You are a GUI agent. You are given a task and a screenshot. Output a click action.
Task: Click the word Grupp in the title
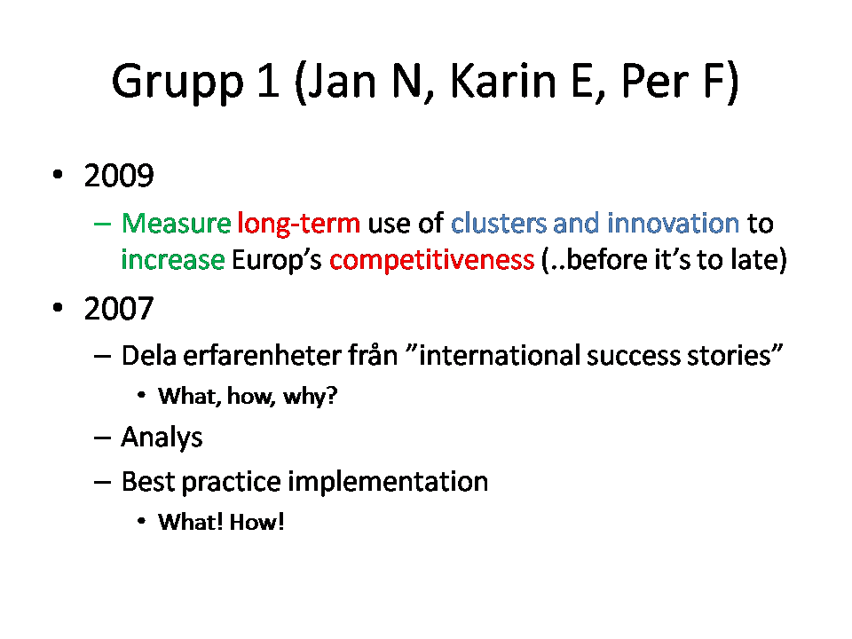(177, 83)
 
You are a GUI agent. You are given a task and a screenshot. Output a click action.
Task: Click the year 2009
(119, 176)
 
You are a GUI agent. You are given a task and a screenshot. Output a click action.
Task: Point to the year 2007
(119, 309)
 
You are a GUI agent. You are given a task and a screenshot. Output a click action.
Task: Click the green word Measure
(176, 224)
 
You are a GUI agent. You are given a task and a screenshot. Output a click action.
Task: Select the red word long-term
(299, 224)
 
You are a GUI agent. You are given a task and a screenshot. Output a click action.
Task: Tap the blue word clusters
(498, 224)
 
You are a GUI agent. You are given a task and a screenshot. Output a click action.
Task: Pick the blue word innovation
(674, 224)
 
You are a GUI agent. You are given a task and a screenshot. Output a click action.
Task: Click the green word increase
(173, 260)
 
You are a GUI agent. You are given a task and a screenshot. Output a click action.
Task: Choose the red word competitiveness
(432, 261)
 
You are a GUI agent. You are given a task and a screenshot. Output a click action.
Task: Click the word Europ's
(277, 261)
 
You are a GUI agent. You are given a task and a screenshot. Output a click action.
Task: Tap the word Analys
(162, 438)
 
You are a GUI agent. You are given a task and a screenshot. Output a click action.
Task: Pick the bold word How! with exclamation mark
(257, 522)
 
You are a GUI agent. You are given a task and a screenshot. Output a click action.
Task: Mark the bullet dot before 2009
(58, 175)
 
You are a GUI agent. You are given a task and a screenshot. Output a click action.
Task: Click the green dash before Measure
(102, 224)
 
